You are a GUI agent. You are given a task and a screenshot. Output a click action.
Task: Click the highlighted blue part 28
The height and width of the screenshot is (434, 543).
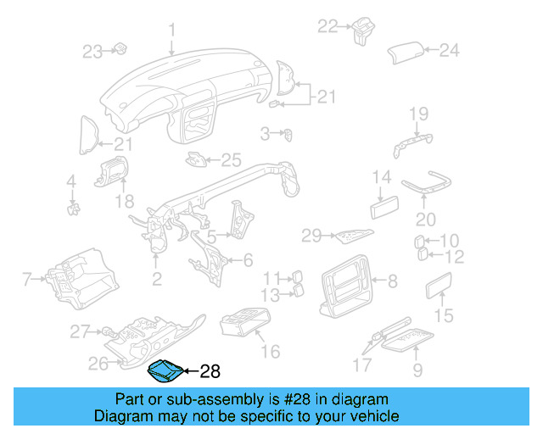pyautogui.click(x=163, y=370)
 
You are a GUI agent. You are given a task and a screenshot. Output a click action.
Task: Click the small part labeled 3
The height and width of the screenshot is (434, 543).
pyautogui.click(x=289, y=133)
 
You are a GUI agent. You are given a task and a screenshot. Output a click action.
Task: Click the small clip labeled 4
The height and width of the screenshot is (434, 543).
pyautogui.click(x=74, y=205)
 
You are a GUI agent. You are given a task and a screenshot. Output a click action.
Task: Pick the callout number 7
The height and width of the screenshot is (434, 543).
pyautogui.click(x=26, y=278)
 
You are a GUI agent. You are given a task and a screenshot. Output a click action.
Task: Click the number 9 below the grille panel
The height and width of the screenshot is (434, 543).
pyautogui.click(x=417, y=370)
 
